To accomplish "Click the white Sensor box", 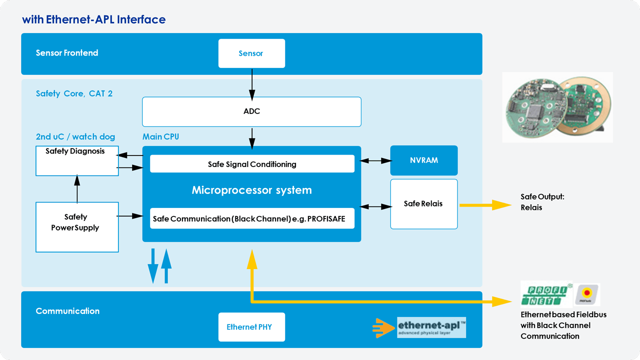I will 251,53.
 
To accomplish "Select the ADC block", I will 251,111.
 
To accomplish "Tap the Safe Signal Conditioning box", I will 252,164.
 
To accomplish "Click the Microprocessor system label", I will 251,190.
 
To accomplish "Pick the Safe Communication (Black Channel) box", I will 252,218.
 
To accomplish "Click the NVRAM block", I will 423,160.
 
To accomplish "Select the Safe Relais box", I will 423,204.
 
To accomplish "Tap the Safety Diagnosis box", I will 77,160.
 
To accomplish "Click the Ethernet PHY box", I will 251,327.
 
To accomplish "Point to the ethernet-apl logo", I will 431,327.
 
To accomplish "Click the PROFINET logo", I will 546,293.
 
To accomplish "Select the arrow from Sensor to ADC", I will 252,82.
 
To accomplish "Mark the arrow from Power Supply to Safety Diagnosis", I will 77,189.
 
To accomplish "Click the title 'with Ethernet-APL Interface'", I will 93,19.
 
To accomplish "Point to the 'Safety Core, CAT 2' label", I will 74,93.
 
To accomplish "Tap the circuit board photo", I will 557,107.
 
